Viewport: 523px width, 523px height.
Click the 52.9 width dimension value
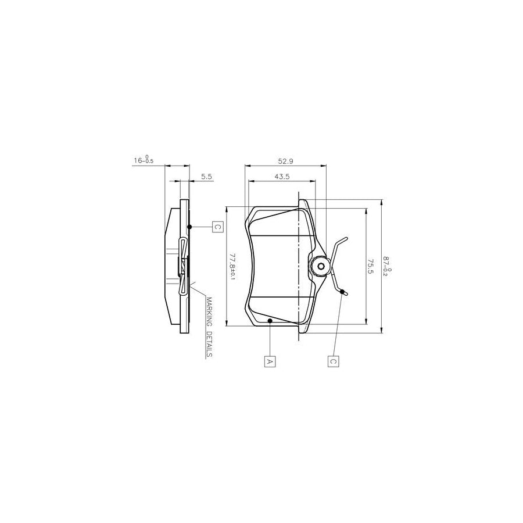(x=285, y=160)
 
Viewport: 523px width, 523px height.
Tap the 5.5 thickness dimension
(x=206, y=176)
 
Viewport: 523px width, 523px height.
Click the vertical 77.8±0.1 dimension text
(x=232, y=267)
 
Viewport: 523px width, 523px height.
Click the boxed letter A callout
(x=270, y=361)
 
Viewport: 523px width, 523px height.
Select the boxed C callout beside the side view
(x=216, y=227)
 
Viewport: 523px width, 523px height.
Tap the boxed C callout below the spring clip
(x=334, y=361)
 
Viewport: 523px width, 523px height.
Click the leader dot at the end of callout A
(x=270, y=320)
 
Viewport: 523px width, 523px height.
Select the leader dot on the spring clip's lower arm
(x=342, y=291)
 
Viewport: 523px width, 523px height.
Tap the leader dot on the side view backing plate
(x=189, y=227)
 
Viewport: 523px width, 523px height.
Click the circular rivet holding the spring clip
(x=320, y=267)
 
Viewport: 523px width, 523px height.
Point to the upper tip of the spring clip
(x=346, y=238)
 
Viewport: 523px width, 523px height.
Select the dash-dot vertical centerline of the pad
(x=298, y=267)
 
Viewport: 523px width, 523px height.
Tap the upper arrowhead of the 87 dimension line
(x=381, y=203)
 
